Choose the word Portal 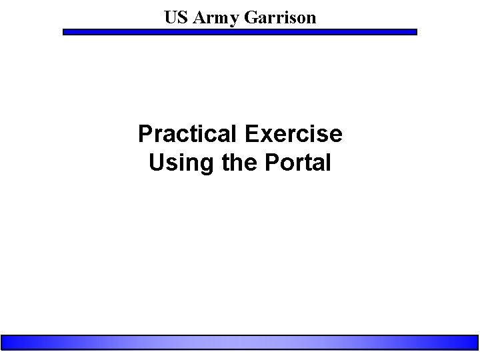click(294, 162)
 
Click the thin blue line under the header click(240, 31)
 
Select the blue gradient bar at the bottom click(240, 341)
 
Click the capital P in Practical click(145, 134)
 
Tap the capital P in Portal click(265, 162)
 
